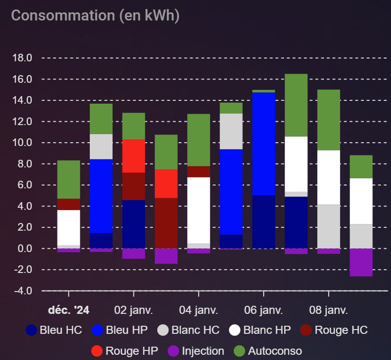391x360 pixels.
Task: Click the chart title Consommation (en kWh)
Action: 95,15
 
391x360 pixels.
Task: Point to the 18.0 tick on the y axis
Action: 22,58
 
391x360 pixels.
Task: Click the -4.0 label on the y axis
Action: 22,291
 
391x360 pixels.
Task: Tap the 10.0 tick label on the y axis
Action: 22,143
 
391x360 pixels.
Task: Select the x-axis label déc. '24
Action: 68,311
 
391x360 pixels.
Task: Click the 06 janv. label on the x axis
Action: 264,311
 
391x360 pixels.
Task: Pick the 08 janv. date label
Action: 329,311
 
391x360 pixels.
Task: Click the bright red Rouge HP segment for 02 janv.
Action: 134,156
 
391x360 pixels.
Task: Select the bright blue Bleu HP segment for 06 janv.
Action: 264,144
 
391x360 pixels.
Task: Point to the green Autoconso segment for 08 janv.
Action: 329,120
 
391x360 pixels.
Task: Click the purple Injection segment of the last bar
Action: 361,262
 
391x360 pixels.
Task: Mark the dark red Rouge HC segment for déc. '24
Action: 68,204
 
